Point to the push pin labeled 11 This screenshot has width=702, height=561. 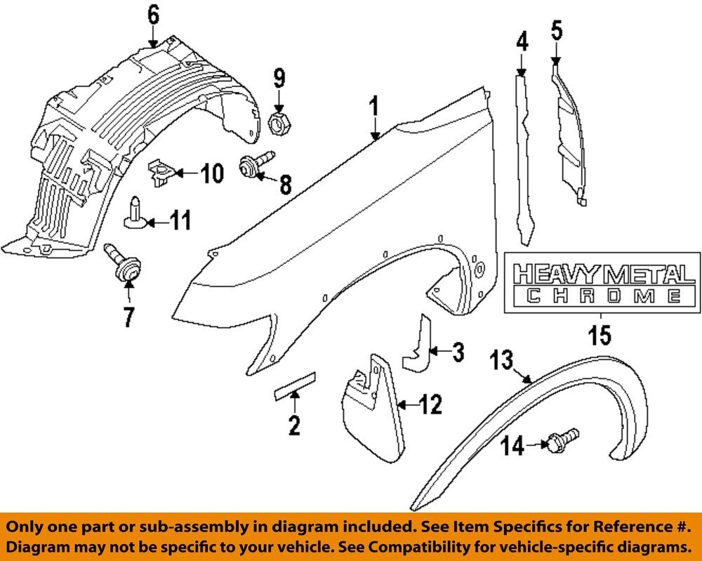point(133,213)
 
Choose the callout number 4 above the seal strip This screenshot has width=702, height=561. point(522,43)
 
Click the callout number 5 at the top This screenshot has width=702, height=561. point(555,30)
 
